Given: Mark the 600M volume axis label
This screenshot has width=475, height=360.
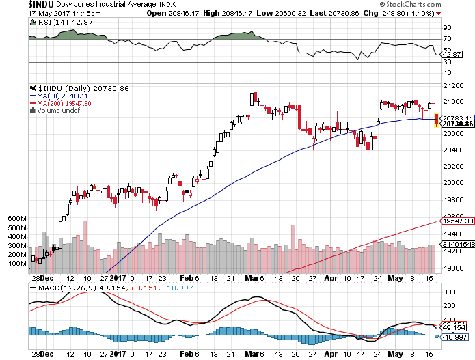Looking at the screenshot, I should tap(17, 218).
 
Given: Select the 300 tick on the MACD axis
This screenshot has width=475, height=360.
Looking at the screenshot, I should tap(450, 292).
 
